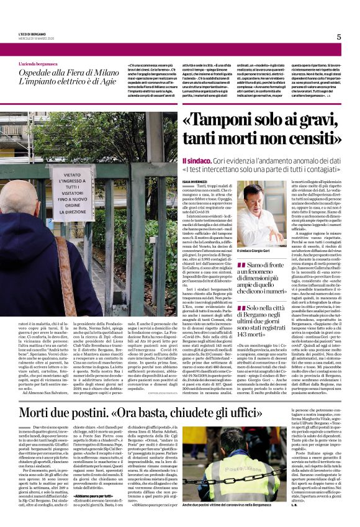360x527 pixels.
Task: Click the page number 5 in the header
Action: point(339,37)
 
